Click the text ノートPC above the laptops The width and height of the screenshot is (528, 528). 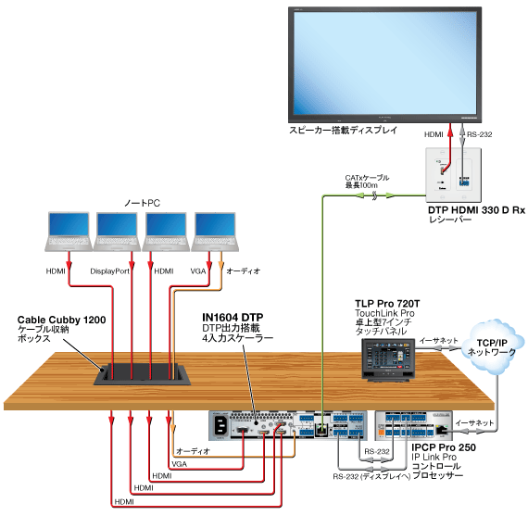[143, 201]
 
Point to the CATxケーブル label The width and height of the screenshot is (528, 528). [367, 177]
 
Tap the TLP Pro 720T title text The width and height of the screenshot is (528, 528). [387, 304]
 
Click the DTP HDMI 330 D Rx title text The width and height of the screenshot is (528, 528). [476, 210]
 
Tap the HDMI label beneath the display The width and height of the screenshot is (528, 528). [434, 135]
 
